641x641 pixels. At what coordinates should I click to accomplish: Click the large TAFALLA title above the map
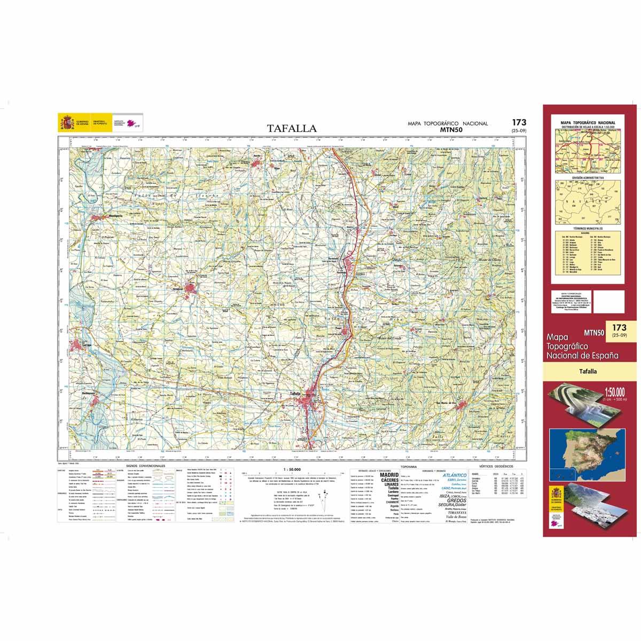[292, 129]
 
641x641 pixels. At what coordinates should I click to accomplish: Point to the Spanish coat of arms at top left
[67, 122]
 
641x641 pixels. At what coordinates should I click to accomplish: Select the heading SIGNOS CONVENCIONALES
[146, 466]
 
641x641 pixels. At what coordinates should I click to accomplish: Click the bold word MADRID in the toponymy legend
[388, 474]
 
